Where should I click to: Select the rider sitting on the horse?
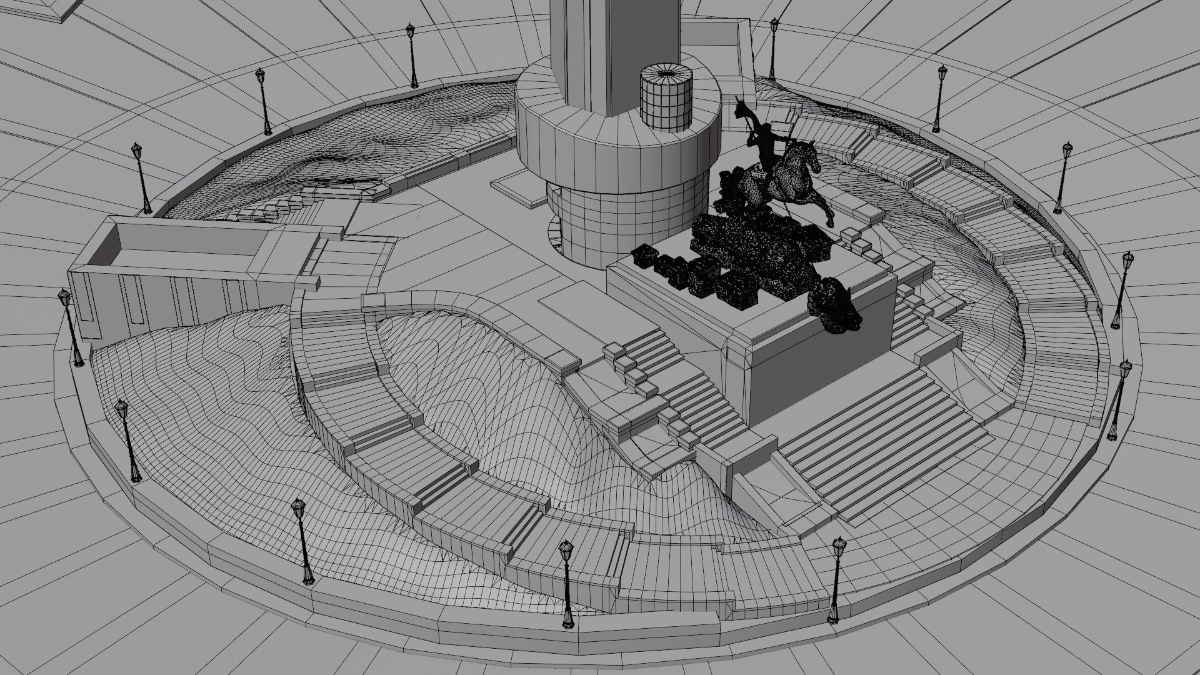click(x=764, y=150)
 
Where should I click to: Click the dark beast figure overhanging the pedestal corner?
click(x=834, y=306)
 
